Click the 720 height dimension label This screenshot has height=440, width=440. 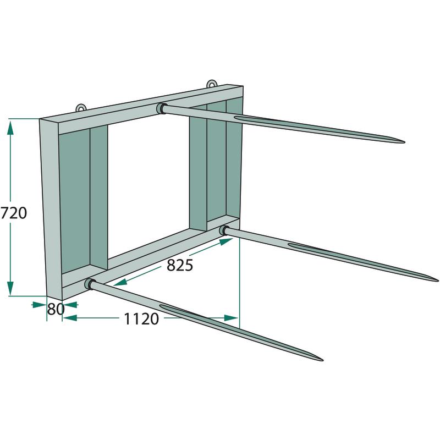[x=14, y=213]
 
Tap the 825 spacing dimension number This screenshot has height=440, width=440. [x=180, y=265]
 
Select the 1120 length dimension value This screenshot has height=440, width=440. [x=141, y=319]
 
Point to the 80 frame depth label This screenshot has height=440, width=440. [x=56, y=309]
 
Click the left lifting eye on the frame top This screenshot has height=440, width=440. [x=81, y=108]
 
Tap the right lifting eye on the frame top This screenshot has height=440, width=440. [x=212, y=84]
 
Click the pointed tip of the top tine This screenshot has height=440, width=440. [x=404, y=142]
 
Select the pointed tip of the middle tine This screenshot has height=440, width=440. [x=438, y=280]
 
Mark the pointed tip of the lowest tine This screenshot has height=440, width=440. [x=322, y=360]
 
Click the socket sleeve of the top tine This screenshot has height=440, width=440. [x=161, y=108]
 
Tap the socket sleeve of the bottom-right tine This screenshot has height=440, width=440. [x=224, y=230]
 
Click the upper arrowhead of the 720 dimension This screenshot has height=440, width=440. [x=10, y=128]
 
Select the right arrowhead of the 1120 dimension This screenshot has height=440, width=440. [x=230, y=318]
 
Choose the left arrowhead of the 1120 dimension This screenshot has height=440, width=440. [x=70, y=318]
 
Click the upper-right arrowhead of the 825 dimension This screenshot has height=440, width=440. [x=226, y=241]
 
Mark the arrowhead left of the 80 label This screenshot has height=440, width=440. [x=39, y=305]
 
